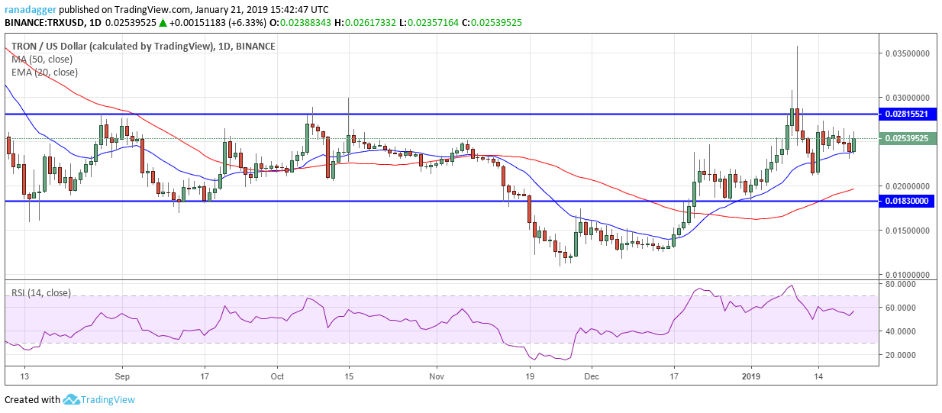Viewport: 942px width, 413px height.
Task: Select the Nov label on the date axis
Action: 436,376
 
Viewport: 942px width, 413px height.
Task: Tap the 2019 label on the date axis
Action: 751,376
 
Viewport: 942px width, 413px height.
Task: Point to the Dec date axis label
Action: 592,376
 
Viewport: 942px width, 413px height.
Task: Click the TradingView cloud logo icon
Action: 72,399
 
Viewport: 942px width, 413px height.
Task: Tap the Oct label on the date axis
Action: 278,376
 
